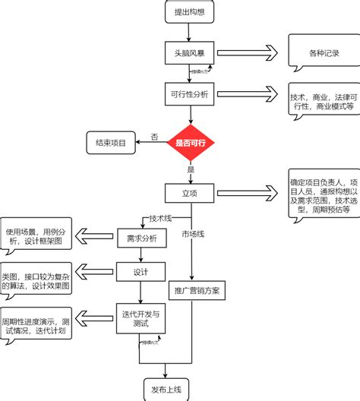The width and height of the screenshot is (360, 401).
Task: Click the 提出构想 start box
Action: [x=190, y=11]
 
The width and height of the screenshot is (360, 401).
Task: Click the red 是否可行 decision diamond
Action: [x=191, y=142]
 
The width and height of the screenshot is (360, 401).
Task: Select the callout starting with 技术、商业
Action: [x=321, y=103]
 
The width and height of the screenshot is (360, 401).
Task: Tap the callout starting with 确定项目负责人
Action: [x=321, y=196]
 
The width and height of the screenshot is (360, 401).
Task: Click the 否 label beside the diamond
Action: [x=154, y=137]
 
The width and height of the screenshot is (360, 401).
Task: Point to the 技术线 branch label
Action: [x=160, y=217]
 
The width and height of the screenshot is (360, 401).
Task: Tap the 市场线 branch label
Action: [x=192, y=234]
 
